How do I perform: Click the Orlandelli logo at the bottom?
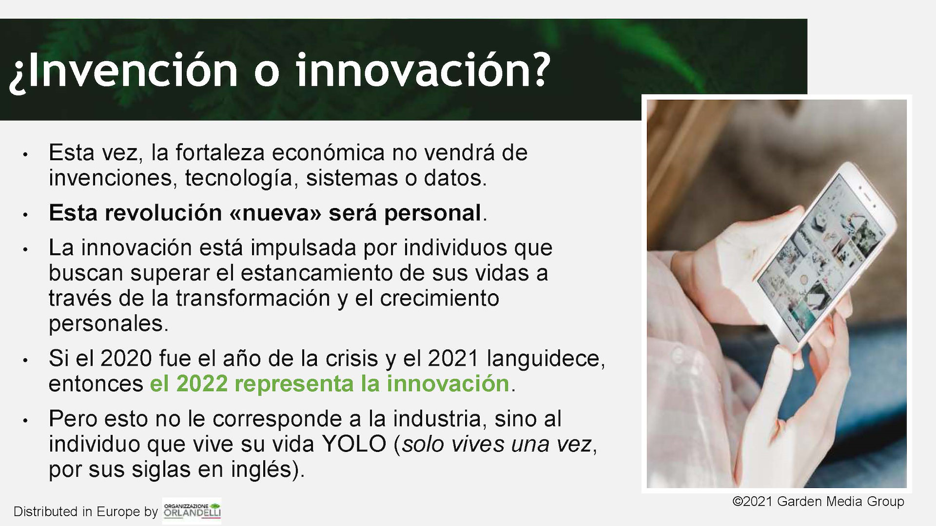pyautogui.click(x=192, y=510)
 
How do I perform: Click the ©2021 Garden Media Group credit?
pyautogui.click(x=819, y=502)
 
